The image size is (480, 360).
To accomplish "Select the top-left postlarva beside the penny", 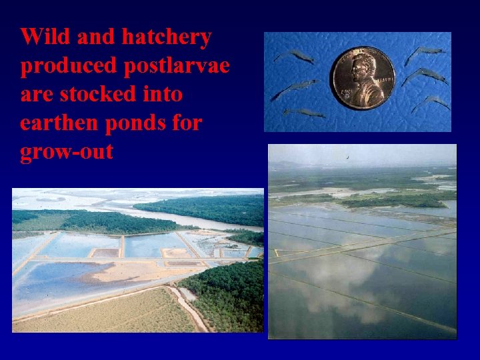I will tap(296, 56).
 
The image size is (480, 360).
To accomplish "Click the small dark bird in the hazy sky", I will tap(347, 157).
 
